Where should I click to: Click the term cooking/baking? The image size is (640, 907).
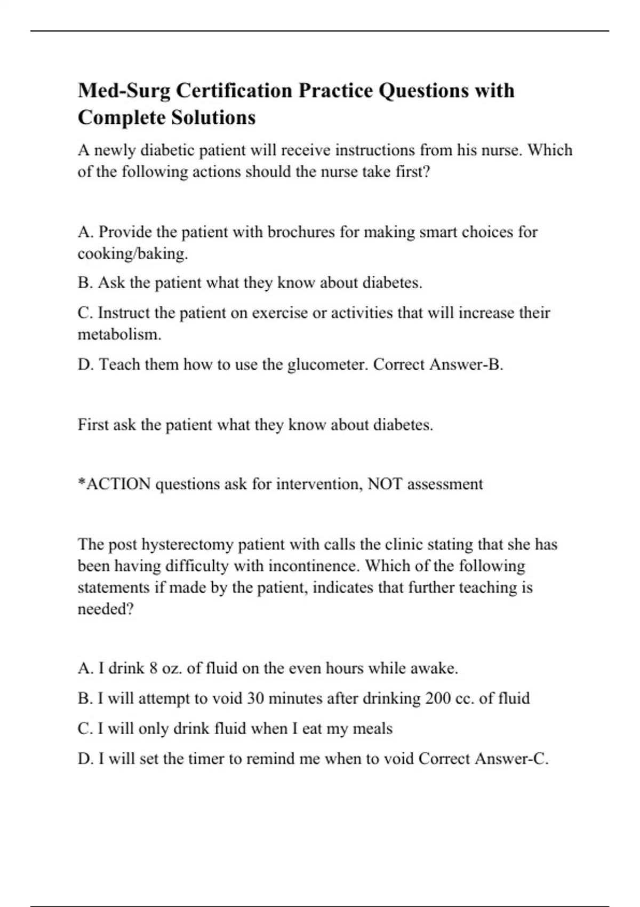coord(133,253)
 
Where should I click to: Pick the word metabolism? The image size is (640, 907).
coord(119,335)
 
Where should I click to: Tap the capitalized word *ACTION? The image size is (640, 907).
coord(114,484)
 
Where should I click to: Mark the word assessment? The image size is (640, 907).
coord(445,484)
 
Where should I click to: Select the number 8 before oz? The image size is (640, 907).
coord(153,669)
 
